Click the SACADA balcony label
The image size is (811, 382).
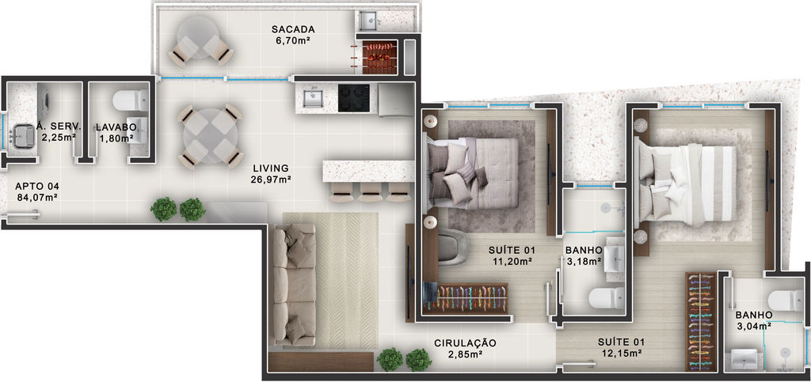coord(293,29)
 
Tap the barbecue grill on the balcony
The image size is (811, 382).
coord(379,55)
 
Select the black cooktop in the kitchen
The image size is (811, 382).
coord(354,97)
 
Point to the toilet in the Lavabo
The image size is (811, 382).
coord(131,100)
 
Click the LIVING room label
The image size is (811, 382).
coord(271,168)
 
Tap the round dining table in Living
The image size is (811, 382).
coord(209,136)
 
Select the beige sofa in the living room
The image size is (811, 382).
coord(294,285)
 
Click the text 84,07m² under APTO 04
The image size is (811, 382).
coord(36,197)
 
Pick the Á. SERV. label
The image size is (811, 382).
coord(59,126)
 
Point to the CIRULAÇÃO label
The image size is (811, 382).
coord(465,342)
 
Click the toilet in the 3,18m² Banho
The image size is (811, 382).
coord(606,298)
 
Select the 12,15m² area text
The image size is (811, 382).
coord(622,354)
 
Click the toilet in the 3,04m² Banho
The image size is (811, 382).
coord(786,301)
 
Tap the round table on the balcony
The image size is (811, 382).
coord(198,38)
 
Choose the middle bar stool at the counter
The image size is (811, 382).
coord(371,191)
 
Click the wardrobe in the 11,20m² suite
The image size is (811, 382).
coord(466,298)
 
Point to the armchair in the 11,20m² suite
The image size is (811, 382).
coord(452,248)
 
